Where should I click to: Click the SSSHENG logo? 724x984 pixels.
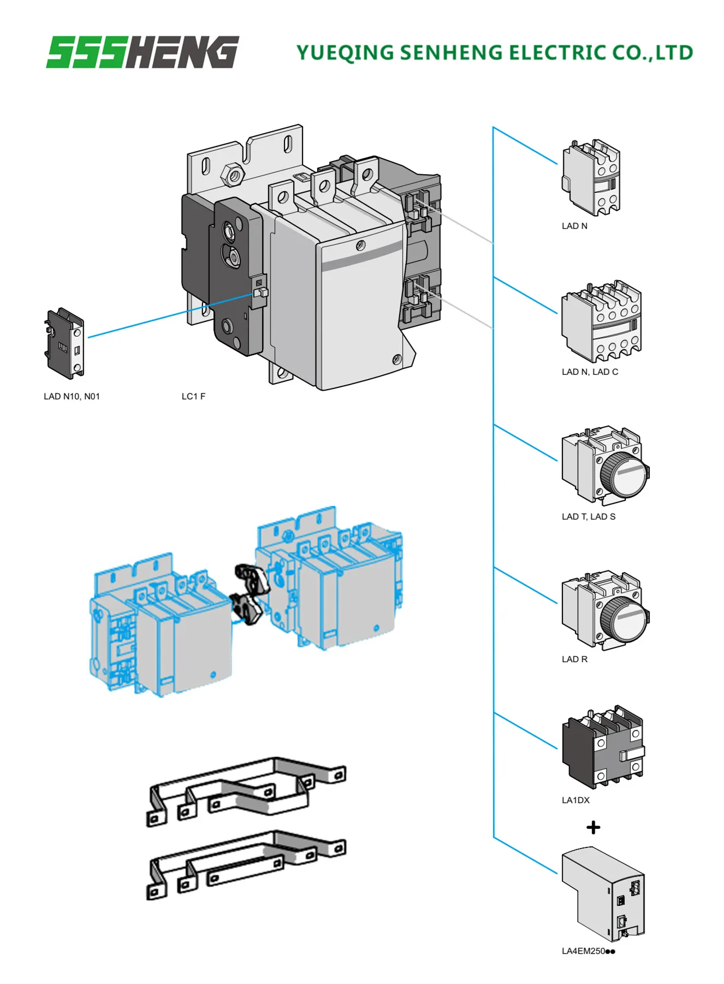coord(143,52)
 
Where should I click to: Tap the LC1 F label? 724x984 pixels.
coord(193,396)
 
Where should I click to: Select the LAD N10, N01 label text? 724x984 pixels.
coord(72,396)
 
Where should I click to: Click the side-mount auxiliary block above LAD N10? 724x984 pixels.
coord(65,343)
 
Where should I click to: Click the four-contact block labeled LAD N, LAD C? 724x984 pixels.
coord(601,322)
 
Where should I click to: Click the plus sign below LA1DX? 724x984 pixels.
coord(594,827)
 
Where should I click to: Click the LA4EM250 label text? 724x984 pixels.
coord(588,951)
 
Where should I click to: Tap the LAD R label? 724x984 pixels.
coord(574,659)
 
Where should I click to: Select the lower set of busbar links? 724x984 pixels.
coord(246,866)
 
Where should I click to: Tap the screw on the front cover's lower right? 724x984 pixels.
coord(397,359)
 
